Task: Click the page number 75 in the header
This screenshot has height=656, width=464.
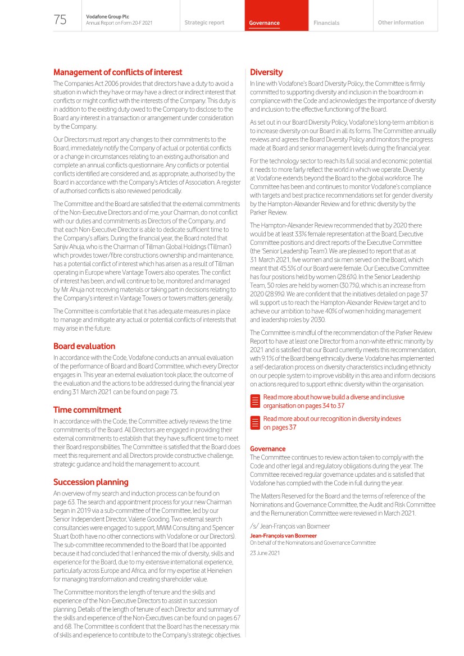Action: [60, 20]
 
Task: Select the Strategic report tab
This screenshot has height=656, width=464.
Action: [204, 23]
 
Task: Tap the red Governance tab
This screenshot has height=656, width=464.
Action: [265, 23]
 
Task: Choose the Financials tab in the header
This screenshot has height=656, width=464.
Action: [326, 23]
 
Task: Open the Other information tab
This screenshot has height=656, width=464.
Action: [401, 23]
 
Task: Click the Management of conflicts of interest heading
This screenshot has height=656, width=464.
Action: [117, 72]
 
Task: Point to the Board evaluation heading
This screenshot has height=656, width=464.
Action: [84, 346]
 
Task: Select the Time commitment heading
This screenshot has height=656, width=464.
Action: [87, 410]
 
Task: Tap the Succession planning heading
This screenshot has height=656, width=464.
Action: [90, 482]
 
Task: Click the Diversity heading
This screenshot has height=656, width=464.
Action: [266, 72]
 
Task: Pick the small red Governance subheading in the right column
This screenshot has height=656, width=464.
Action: [267, 449]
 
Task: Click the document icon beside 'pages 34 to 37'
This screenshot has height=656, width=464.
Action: [255, 401]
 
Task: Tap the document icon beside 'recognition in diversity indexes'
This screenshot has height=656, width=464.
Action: [255, 423]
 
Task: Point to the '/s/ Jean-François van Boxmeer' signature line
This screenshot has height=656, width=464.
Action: [290, 526]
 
